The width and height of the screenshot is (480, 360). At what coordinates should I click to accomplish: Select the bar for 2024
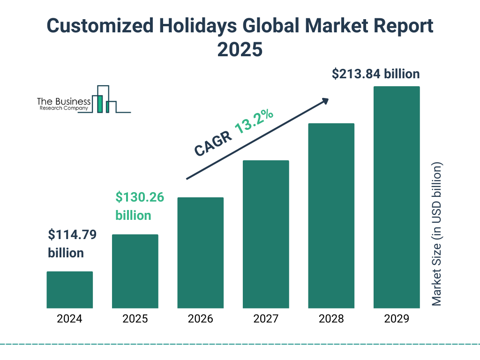click(69, 290)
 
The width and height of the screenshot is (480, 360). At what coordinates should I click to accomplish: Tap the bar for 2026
click(200, 253)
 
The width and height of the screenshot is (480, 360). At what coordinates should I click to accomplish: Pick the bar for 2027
click(266, 234)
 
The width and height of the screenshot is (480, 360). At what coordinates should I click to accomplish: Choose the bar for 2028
click(331, 216)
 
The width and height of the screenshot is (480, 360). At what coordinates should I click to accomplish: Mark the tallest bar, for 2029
click(397, 197)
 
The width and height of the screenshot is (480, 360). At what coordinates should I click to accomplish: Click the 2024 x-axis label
click(69, 319)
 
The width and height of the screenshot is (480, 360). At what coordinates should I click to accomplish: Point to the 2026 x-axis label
click(200, 319)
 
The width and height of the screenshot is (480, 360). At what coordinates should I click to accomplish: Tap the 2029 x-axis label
click(397, 319)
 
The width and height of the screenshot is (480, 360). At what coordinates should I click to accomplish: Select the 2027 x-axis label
click(266, 319)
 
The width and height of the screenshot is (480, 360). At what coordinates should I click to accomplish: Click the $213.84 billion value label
click(375, 74)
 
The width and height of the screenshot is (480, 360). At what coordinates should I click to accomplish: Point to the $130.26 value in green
click(140, 198)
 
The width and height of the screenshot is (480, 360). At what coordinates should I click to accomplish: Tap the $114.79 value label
click(72, 235)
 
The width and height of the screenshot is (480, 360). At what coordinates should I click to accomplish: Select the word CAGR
click(213, 143)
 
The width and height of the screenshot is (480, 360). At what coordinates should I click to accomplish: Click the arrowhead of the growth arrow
click(325, 101)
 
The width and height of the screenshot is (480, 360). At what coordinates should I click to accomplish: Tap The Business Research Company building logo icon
click(104, 99)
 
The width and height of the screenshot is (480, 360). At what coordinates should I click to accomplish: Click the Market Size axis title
click(437, 234)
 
